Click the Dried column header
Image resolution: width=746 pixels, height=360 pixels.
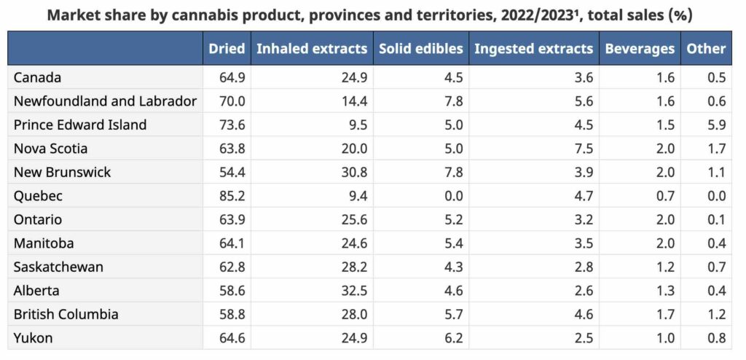click(227, 49)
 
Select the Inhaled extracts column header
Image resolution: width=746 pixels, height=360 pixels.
click(311, 49)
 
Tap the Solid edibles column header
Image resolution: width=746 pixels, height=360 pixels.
click(420, 49)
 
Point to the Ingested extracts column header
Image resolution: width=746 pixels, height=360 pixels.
click(533, 49)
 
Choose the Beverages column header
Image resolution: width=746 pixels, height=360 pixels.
click(640, 49)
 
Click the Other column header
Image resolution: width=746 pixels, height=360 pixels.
click(706, 49)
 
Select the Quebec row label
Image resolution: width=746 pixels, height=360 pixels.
click(38, 196)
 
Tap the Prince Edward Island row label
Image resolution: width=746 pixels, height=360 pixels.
click(80, 125)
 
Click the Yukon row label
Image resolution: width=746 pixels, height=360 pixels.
click(34, 338)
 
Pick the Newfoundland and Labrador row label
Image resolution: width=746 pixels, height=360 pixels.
click(105, 101)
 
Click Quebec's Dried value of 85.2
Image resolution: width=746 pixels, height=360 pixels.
click(232, 196)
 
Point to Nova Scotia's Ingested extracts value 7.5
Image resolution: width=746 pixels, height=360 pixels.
click(584, 149)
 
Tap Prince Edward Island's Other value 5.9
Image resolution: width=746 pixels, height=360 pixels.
click(716, 125)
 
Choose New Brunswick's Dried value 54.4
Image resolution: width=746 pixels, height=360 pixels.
click(232, 172)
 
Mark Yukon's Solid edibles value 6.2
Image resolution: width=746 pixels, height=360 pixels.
click(453, 338)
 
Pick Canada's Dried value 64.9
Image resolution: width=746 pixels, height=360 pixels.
click(232, 77)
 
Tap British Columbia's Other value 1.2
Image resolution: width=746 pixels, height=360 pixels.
click(716, 314)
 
